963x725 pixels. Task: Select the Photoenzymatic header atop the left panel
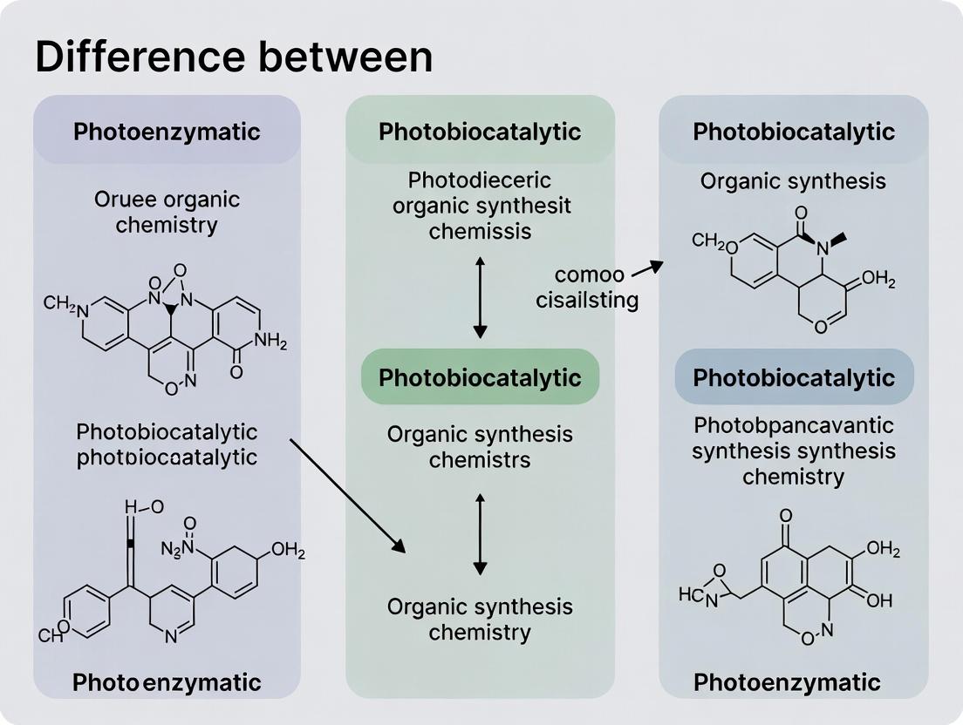point(167,132)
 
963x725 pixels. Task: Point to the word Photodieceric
point(480,180)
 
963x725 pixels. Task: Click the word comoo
point(589,275)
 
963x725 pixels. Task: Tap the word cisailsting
point(588,301)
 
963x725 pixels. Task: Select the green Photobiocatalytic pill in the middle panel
point(480,377)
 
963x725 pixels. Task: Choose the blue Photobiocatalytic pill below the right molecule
point(794,377)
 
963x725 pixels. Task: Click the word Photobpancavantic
point(794,425)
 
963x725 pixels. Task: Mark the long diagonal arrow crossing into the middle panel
point(347,496)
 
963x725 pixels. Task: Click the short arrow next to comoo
point(645,270)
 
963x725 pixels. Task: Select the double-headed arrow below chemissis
point(480,296)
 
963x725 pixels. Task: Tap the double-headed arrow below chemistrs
point(480,533)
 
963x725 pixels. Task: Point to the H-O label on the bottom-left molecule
point(144,507)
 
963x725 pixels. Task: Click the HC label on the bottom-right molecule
point(690,594)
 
